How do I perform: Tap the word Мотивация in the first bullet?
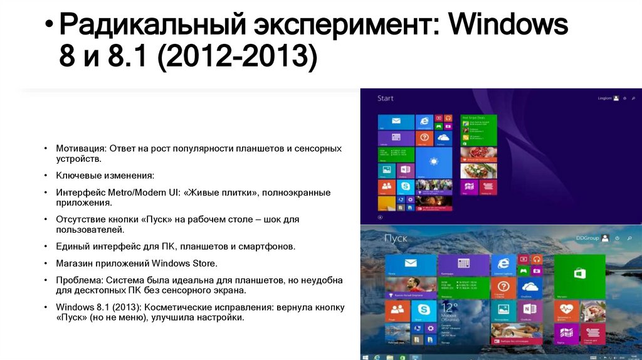pyautogui.click(x=80, y=148)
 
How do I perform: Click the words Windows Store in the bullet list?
pyautogui.click(x=188, y=263)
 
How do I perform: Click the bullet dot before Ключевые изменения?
pyautogui.click(x=46, y=176)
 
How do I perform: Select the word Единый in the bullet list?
pyautogui.click(x=71, y=246)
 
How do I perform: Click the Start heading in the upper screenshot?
pyautogui.click(x=385, y=98)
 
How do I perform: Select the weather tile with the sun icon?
pyautogui.click(x=433, y=162)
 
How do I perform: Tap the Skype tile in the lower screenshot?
pyautogui.click(x=423, y=309)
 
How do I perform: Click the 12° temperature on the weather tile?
pyautogui.click(x=449, y=307)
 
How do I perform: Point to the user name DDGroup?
pyautogui.click(x=587, y=238)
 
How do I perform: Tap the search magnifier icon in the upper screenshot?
pyautogui.click(x=633, y=98)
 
